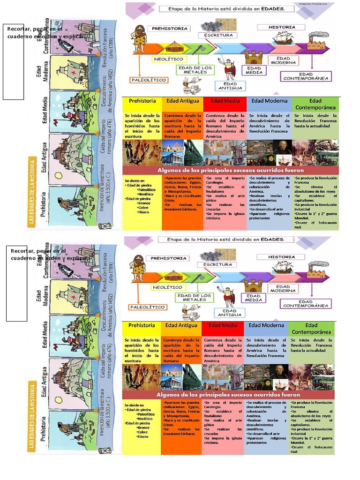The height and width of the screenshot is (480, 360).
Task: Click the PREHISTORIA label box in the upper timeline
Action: [169, 29]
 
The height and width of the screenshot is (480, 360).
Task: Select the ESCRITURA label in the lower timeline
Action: [217, 264]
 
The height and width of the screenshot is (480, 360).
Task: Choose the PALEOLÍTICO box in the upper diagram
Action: [149, 80]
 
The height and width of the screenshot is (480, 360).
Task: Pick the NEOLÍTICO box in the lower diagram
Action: [167, 287]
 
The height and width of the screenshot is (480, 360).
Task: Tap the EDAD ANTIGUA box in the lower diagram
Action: [230, 313]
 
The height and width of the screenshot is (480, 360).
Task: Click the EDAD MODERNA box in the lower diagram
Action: [283, 289]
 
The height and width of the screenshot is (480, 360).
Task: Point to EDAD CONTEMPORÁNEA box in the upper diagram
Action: [306, 76]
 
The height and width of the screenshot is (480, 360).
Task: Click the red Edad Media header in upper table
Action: [225, 101]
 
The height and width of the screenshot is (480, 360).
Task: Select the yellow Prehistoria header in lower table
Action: [142, 325]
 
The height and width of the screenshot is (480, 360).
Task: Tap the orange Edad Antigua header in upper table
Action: [182, 101]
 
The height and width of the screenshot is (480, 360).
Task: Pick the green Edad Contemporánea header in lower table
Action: [311, 328]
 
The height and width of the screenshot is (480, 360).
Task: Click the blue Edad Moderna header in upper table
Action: [269, 101]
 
